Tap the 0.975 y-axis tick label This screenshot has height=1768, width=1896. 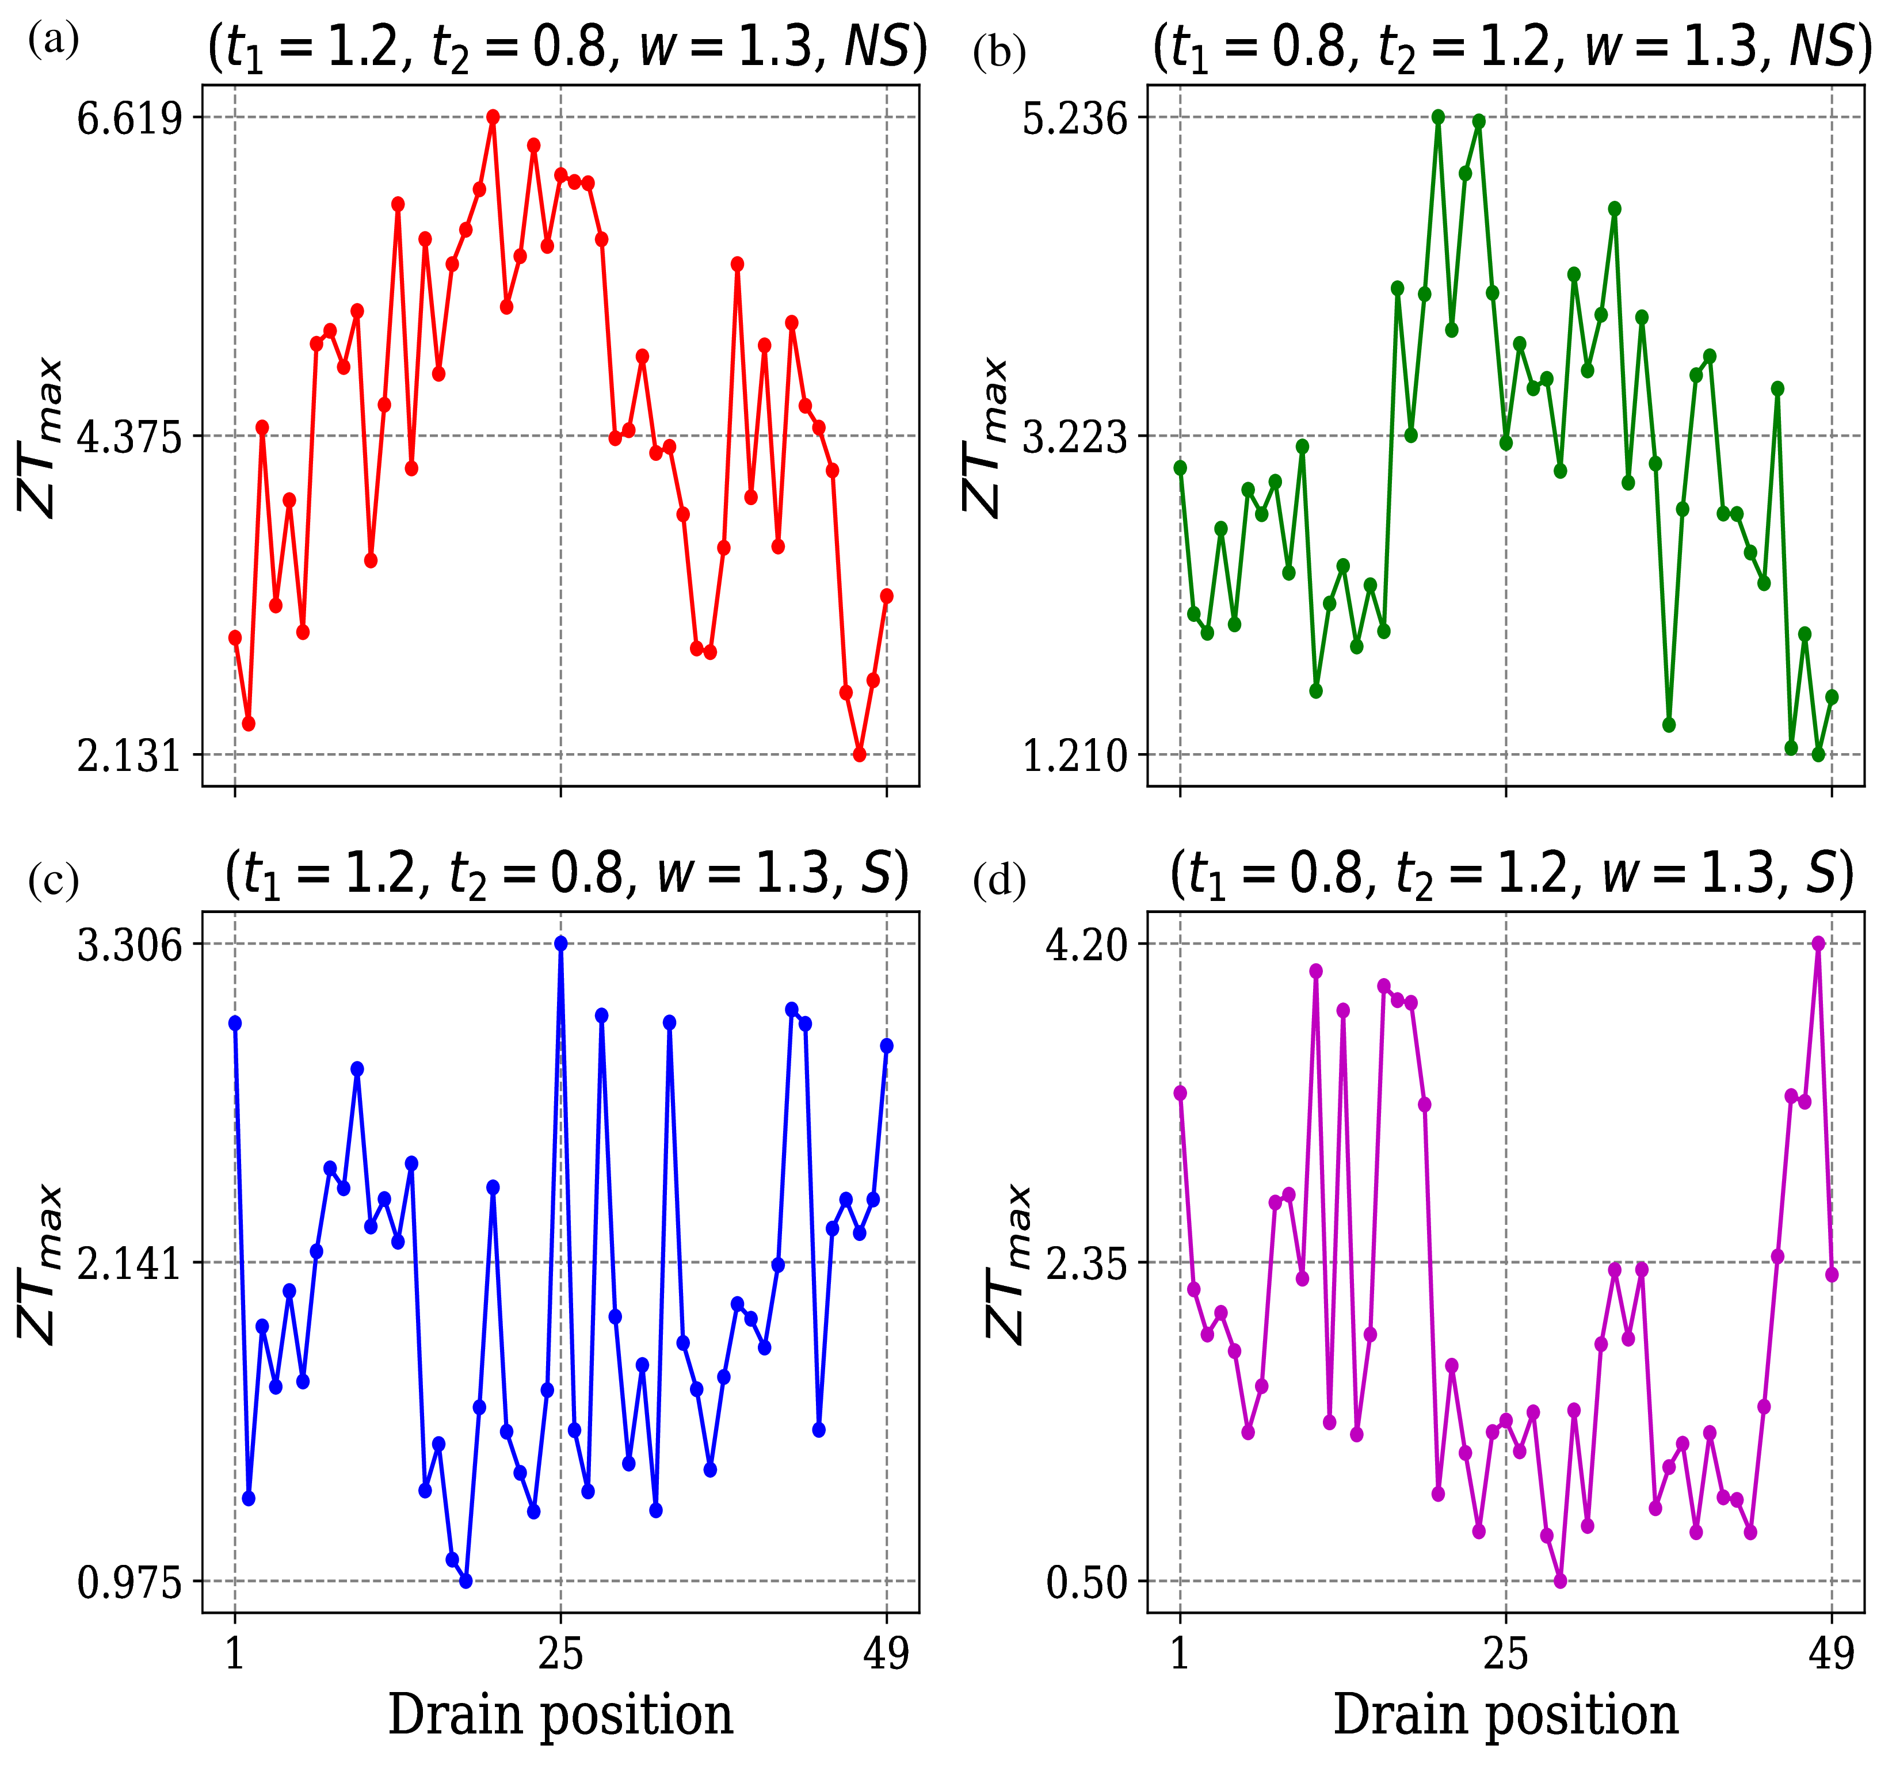tap(129, 1584)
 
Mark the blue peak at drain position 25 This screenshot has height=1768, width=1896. tap(561, 943)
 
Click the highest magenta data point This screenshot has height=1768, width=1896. tap(1818, 943)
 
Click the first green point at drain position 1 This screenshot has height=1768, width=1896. tap(1181, 467)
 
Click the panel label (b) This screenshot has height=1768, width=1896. tap(998, 52)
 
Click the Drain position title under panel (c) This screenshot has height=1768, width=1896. tap(561, 1714)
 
